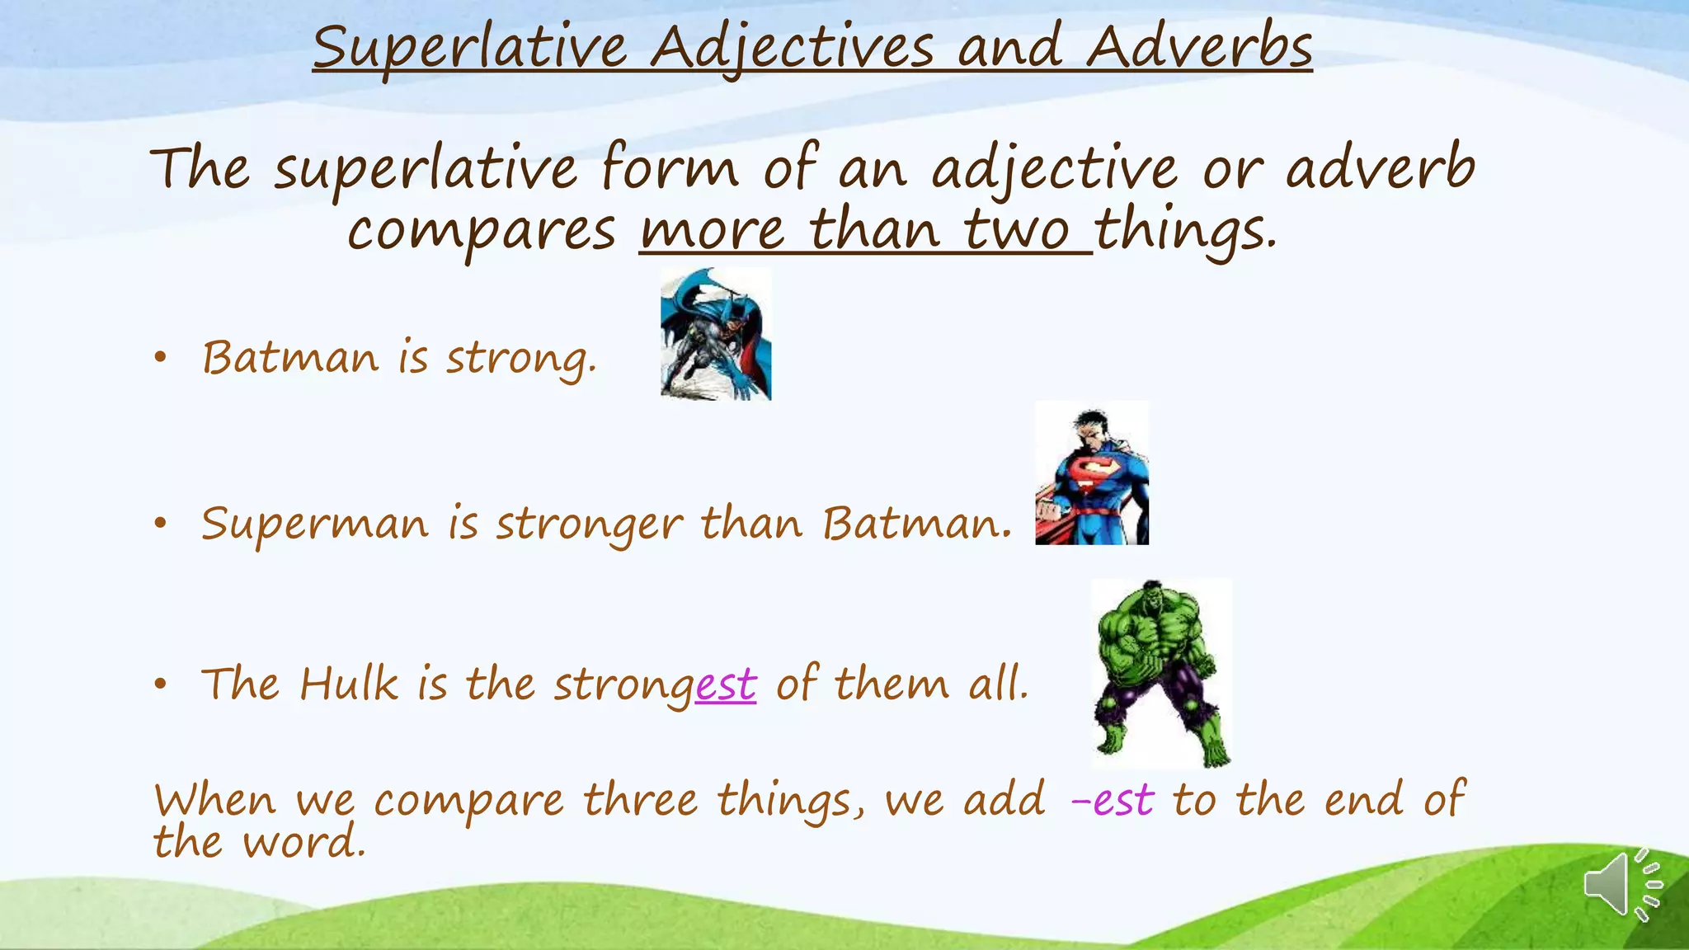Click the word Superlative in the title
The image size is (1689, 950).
[470, 48]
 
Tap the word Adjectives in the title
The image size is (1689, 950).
[792, 48]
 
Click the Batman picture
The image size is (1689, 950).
[716, 334]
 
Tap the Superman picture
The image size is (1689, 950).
[1091, 473]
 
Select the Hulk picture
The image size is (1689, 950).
[1160, 673]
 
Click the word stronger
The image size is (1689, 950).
[589, 524]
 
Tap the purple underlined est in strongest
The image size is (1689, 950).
[725, 684]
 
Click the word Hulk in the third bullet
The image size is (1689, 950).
[349, 684]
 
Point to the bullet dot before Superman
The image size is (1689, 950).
[160, 523]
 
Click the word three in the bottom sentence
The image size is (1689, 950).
[640, 801]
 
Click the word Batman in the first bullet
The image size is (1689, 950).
[290, 358]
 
